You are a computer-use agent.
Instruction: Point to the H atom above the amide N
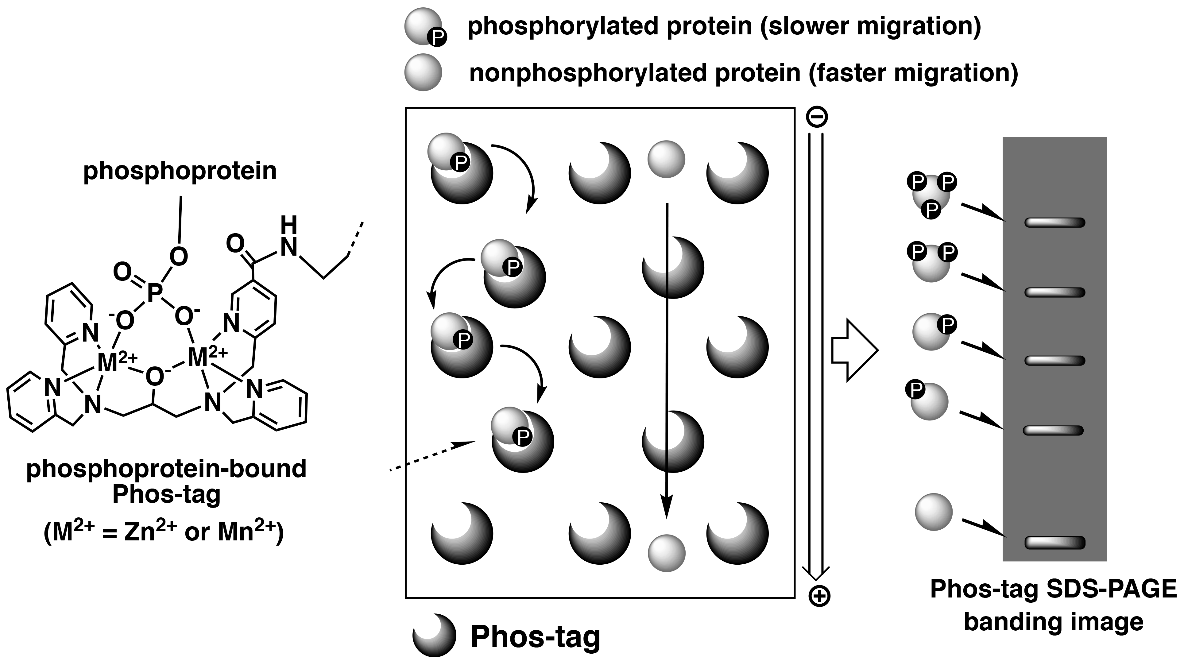[x=289, y=225]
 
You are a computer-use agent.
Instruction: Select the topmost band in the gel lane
[x=1055, y=222]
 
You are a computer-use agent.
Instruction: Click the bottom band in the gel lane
[x=1055, y=543]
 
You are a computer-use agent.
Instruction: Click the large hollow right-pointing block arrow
[x=855, y=351]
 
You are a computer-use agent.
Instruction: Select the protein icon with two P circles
[x=931, y=264]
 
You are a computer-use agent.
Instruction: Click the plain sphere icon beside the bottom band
[x=933, y=512]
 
